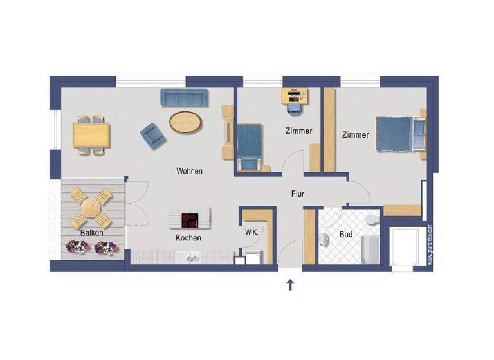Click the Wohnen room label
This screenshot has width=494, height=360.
point(190,171)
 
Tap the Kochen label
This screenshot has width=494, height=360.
point(188,238)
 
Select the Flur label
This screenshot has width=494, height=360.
point(297,193)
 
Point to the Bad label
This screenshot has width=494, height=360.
point(346,235)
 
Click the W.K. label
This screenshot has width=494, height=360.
point(251,233)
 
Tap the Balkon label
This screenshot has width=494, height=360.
point(91,232)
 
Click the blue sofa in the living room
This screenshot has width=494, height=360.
point(185,98)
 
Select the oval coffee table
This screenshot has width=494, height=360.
point(185,122)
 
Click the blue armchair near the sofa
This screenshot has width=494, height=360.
point(153,134)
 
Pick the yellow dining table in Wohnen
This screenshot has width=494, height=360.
point(91,135)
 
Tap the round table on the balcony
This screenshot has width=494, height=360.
point(91,207)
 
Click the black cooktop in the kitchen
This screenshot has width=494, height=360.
point(190,221)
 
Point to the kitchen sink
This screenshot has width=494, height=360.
point(192,257)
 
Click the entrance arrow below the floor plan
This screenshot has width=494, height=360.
point(290,284)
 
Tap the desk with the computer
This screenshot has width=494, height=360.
point(295,96)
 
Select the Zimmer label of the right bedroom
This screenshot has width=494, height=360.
point(355,135)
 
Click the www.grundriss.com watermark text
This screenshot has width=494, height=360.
point(430,244)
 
